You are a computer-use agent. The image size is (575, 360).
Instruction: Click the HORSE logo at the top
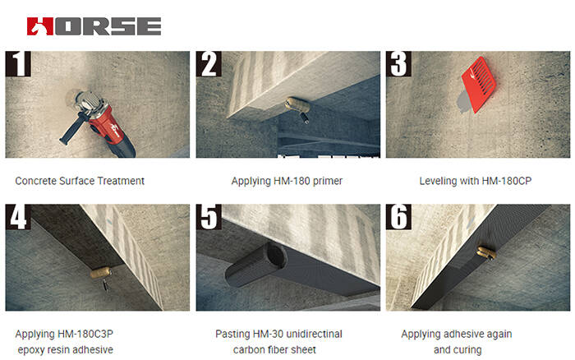94,25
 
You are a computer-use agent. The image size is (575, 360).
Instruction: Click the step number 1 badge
18,65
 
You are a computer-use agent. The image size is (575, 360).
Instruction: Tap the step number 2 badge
209,65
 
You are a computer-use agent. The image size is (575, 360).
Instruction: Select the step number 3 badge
399,65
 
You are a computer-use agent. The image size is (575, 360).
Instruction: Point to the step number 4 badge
18,218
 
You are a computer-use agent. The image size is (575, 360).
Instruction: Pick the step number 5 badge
209,218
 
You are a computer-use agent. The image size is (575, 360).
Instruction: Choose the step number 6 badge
399,218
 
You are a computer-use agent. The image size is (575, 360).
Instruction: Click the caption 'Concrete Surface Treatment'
80,180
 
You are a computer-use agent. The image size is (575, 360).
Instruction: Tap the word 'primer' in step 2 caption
327,180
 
